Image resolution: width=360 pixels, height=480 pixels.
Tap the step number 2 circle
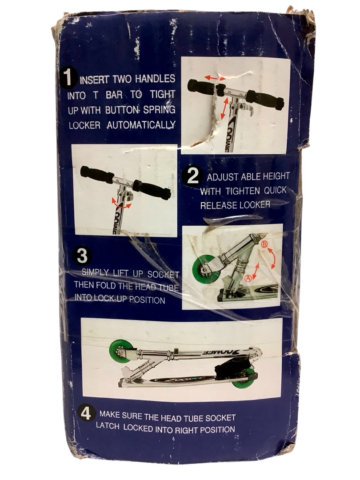click(x=192, y=176)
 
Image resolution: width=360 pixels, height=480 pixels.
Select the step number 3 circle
click(x=82, y=256)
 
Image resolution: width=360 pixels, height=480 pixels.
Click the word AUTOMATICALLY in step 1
click(x=141, y=125)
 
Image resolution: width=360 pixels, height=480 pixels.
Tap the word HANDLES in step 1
click(x=155, y=79)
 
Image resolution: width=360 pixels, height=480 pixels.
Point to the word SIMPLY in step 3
click(x=95, y=272)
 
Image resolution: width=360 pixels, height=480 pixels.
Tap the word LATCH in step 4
click(x=107, y=426)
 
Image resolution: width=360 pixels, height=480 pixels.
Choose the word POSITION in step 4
click(x=217, y=429)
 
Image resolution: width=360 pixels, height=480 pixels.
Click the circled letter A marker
click(x=248, y=278)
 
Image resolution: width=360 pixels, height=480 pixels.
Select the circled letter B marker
click(x=265, y=244)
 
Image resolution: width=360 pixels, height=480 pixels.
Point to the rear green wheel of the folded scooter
click(x=244, y=378)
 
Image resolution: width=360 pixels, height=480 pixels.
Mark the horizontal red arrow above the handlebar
click(x=215, y=78)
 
